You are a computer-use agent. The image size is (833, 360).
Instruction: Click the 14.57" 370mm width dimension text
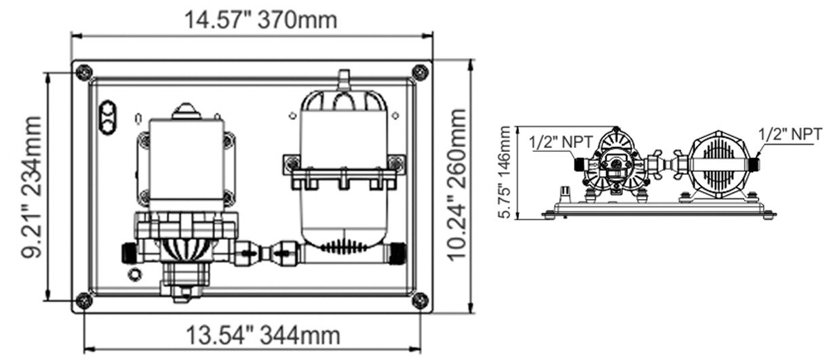click(261, 20)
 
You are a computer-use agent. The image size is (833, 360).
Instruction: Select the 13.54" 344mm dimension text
click(263, 336)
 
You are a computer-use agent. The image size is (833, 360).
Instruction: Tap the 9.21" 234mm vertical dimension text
click(30, 187)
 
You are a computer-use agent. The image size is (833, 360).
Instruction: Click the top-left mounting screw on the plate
click(83, 71)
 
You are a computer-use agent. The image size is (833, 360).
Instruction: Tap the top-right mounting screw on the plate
click(420, 71)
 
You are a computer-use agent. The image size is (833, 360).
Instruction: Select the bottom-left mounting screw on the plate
click(83, 300)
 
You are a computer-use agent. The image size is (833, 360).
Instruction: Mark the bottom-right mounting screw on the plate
click(420, 300)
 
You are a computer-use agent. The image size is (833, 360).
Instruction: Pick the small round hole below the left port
click(134, 274)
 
